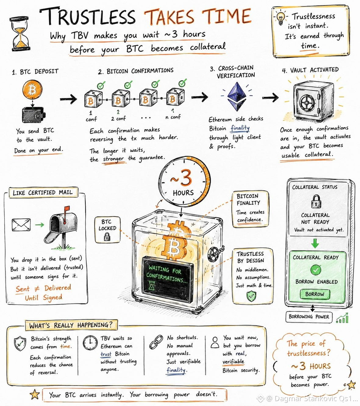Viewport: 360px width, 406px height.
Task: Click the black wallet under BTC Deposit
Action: point(34,115)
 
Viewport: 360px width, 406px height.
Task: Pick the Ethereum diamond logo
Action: point(237,96)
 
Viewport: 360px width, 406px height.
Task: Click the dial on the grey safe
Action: point(306,103)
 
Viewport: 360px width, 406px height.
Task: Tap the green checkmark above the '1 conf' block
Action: point(102,85)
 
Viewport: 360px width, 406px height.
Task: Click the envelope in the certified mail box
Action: point(21,225)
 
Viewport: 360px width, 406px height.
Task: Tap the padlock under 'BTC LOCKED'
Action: point(107,236)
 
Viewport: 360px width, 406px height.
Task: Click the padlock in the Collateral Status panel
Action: point(316,201)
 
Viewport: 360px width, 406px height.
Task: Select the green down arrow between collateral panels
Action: point(315,243)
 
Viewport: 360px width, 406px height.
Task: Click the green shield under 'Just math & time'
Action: point(251,296)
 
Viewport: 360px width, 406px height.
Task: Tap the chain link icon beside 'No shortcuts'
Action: point(156,342)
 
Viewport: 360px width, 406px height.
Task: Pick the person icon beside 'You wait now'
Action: point(215,342)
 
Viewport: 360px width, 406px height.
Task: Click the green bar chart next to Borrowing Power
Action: point(342,318)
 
